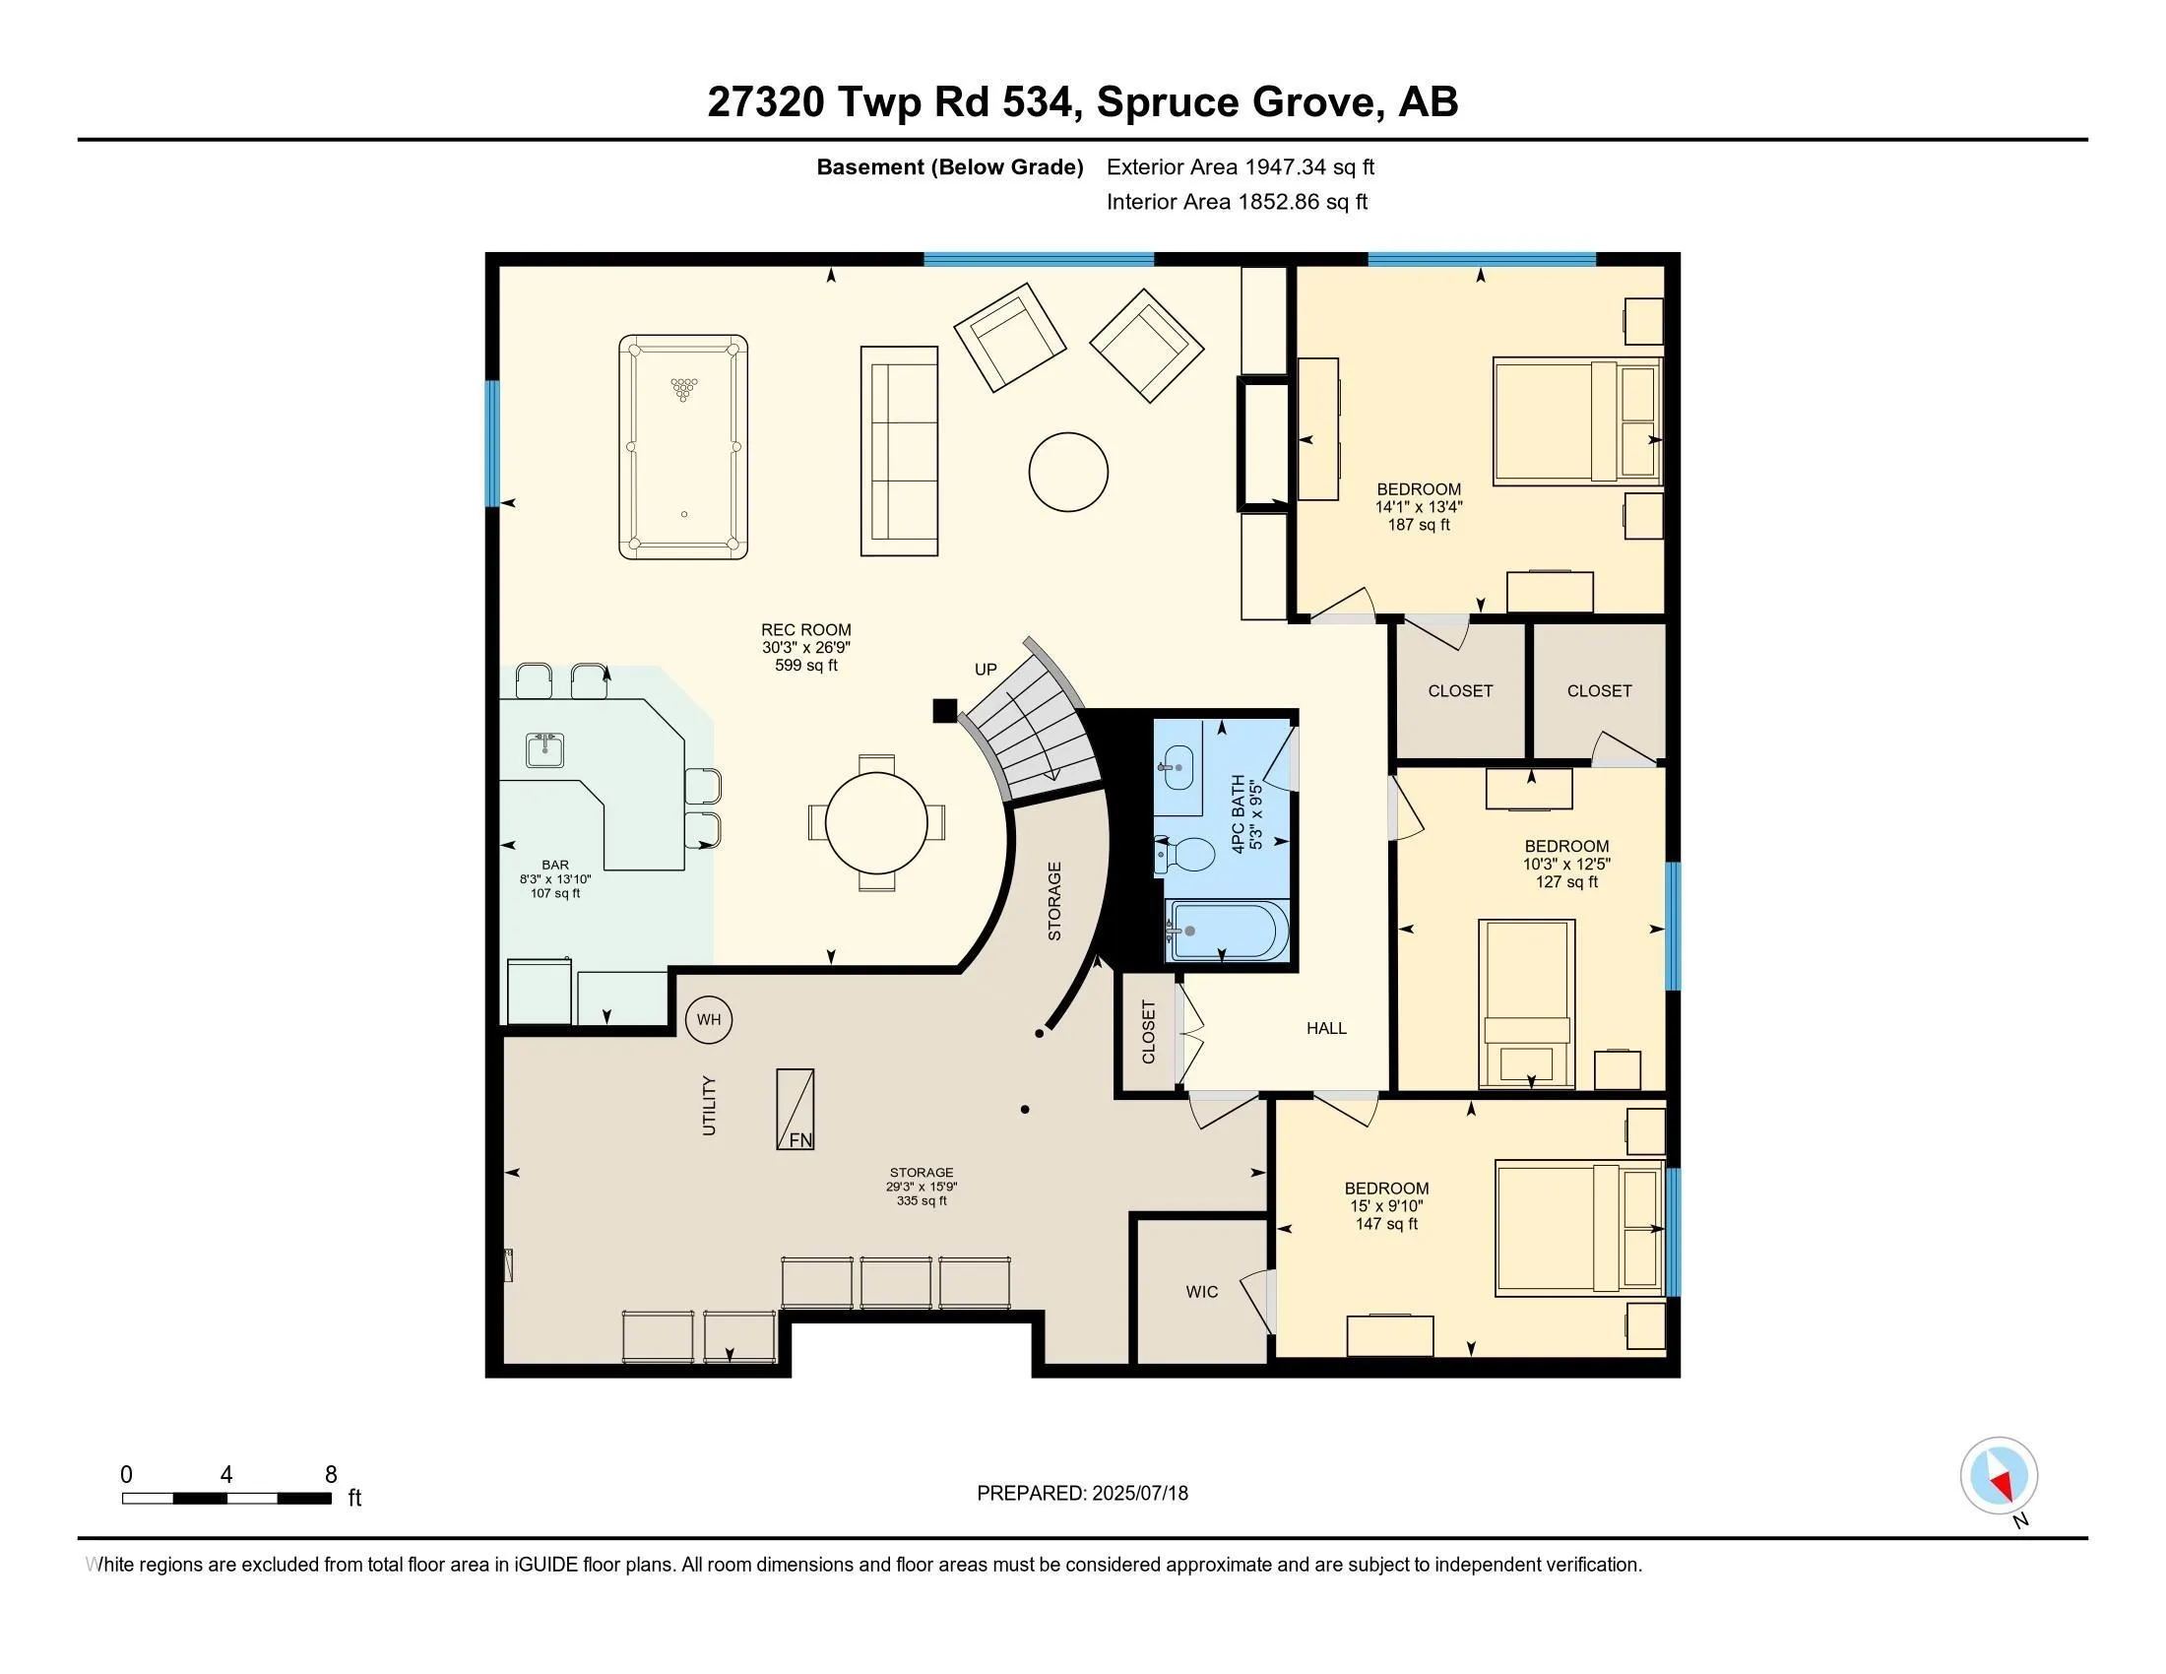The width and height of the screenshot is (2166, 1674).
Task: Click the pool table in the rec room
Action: [x=683, y=446]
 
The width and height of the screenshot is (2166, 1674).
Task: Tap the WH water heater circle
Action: [x=709, y=1019]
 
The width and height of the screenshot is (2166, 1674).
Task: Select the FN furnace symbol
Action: [x=796, y=1109]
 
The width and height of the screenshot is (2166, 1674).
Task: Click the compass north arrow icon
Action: [x=2000, y=1476]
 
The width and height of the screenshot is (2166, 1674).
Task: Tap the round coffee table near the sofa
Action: [x=1068, y=472]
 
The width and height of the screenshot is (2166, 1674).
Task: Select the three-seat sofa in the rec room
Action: [x=900, y=451]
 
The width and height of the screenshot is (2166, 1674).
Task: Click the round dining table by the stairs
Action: [x=876, y=822]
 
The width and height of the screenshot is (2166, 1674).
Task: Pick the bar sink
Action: [x=544, y=750]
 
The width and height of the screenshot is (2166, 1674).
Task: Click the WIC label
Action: [x=1202, y=1292]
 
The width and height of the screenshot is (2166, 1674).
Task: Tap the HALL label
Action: [x=1327, y=1028]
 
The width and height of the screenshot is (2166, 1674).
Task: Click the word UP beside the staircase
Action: [x=986, y=670]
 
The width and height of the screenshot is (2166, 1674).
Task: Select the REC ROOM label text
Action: [x=806, y=630]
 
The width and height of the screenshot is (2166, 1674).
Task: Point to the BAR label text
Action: [x=555, y=865]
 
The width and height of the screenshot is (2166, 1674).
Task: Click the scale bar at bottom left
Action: [x=227, y=1499]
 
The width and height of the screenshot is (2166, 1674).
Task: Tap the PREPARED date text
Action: [x=1083, y=1494]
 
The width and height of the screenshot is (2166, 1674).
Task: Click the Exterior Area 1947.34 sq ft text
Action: [x=1241, y=166]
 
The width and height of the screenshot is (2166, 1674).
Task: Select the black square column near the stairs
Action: [x=945, y=710]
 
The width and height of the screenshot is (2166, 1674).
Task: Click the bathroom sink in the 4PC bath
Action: [x=1179, y=768]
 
